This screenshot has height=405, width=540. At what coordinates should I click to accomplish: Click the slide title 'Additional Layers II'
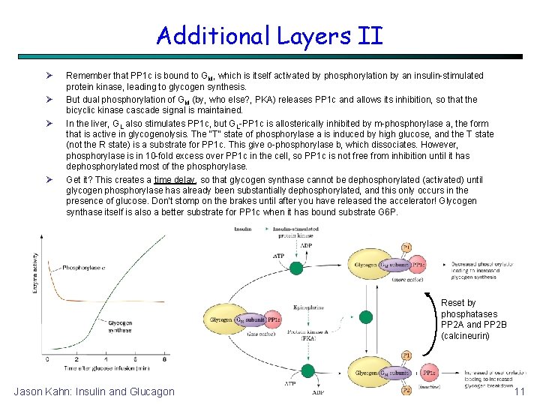[x=270, y=35]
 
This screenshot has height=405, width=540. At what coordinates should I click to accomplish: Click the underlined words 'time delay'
[x=174, y=180]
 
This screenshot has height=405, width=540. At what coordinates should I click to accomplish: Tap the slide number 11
[x=519, y=392]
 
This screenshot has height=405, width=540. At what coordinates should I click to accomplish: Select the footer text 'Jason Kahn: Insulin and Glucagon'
[x=94, y=391]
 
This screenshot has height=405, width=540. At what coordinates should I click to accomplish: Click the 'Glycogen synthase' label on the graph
[x=120, y=326]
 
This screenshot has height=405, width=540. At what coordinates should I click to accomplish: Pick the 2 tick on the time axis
[x=67, y=360]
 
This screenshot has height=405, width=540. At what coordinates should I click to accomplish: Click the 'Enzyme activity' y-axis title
[x=35, y=274]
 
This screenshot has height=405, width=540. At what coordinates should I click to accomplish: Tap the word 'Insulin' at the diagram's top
[x=244, y=229]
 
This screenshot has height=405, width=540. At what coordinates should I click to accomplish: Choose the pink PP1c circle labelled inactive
[x=429, y=373]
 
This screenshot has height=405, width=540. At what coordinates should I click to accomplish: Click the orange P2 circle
[x=406, y=391]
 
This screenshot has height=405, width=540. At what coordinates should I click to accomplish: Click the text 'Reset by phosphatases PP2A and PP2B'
[x=469, y=319]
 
